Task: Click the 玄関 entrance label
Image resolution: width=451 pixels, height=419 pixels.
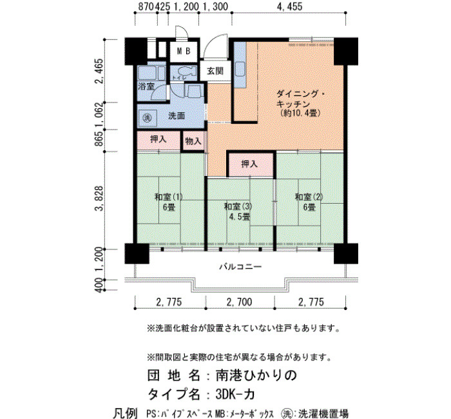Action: click(x=215, y=71)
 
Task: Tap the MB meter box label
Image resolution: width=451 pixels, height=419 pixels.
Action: click(x=184, y=51)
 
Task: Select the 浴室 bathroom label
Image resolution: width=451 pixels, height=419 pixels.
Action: click(x=146, y=86)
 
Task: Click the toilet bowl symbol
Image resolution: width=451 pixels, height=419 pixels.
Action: click(x=187, y=71)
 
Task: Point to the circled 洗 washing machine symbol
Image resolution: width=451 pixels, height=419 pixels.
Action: click(x=147, y=117)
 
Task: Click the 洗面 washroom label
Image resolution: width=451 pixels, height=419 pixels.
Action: click(x=177, y=116)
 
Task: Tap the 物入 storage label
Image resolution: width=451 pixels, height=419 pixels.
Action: click(x=193, y=141)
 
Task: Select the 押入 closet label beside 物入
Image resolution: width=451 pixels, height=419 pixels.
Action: click(x=158, y=139)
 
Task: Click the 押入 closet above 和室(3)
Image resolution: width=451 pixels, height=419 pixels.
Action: click(x=249, y=164)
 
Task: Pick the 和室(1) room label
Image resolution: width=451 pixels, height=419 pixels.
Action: click(x=169, y=197)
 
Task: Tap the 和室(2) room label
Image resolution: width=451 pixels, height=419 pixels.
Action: click(x=309, y=197)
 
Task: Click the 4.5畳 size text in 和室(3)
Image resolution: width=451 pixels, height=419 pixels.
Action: click(x=239, y=217)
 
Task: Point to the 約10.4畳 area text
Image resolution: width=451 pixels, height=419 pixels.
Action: click(x=300, y=113)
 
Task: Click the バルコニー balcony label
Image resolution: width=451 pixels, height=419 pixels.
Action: click(x=240, y=267)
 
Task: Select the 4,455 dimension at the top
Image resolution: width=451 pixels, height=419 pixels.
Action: click(x=289, y=6)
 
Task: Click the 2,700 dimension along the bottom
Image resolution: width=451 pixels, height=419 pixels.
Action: click(x=239, y=302)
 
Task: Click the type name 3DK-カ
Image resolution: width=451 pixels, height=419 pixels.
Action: click(x=235, y=395)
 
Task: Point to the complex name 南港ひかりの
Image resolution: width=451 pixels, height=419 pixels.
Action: click(x=256, y=375)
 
